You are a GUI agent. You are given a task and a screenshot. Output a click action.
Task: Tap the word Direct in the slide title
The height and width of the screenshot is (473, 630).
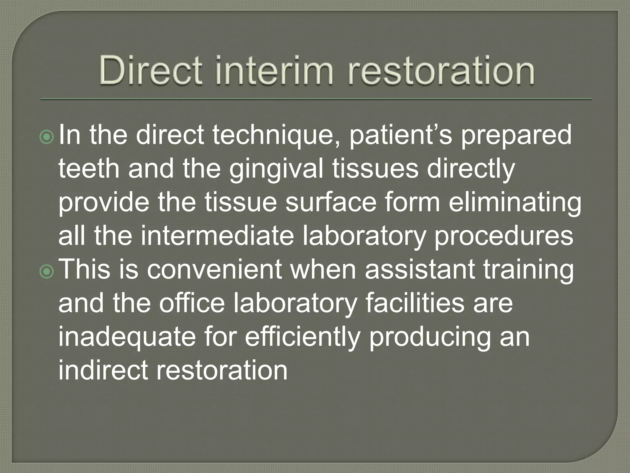click(150, 70)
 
